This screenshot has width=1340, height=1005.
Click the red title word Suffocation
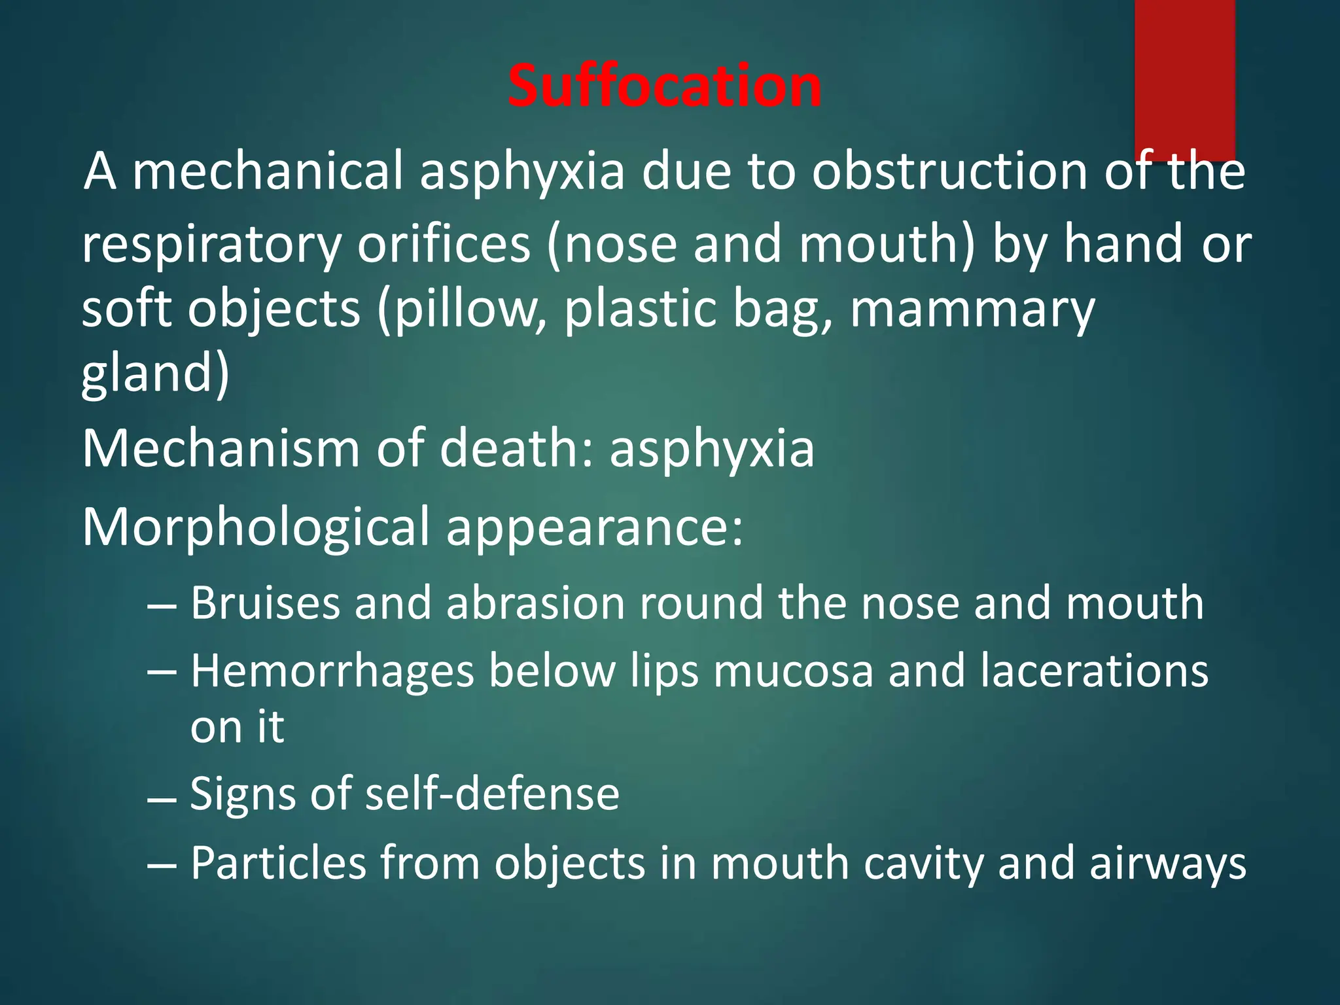tap(664, 86)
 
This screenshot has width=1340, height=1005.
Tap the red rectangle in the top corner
tap(1184, 79)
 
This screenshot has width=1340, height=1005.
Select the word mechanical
tap(268, 171)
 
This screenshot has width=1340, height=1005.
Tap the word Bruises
tap(265, 603)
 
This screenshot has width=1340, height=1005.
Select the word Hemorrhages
tap(332, 671)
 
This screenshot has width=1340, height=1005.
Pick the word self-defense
tap(492, 794)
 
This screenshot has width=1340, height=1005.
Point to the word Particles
tap(278, 863)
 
